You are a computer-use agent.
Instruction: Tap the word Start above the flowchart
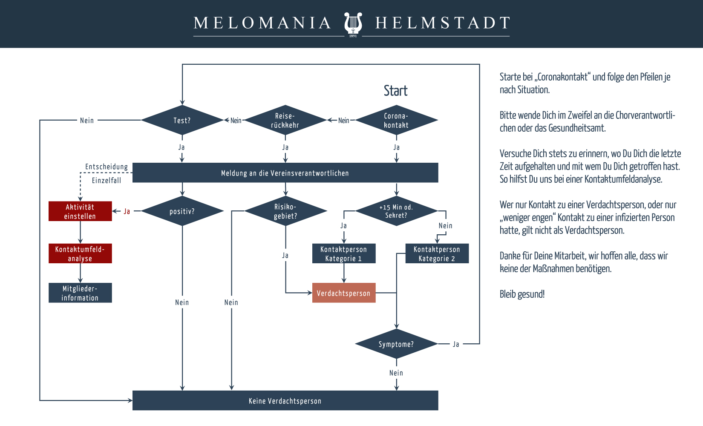[x=395, y=91]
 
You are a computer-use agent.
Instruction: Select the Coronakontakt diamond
[x=396, y=121]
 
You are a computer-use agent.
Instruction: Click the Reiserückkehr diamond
[x=285, y=121]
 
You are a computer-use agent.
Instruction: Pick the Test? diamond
[x=182, y=121]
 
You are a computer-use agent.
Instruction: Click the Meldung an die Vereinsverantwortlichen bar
[x=285, y=173]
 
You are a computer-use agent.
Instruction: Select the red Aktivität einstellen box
[x=80, y=211]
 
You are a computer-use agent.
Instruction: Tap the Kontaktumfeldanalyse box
[x=80, y=253]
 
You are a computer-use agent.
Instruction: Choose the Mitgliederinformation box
[x=80, y=293]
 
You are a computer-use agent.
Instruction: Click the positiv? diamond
[x=182, y=211]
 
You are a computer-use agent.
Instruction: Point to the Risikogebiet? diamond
[x=285, y=211]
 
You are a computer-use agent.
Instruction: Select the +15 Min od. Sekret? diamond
[x=396, y=211]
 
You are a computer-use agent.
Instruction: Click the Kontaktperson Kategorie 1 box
[x=343, y=253]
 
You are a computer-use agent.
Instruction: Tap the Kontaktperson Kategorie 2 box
[x=437, y=253]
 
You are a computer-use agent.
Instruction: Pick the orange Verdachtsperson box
[x=343, y=293]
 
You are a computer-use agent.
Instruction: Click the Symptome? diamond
[x=396, y=344]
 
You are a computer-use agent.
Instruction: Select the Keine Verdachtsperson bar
[x=285, y=401]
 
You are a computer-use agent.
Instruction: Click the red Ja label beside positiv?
[x=127, y=211]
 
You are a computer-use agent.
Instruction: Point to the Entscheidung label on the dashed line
[x=107, y=167]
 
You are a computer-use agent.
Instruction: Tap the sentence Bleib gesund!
[x=522, y=294]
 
